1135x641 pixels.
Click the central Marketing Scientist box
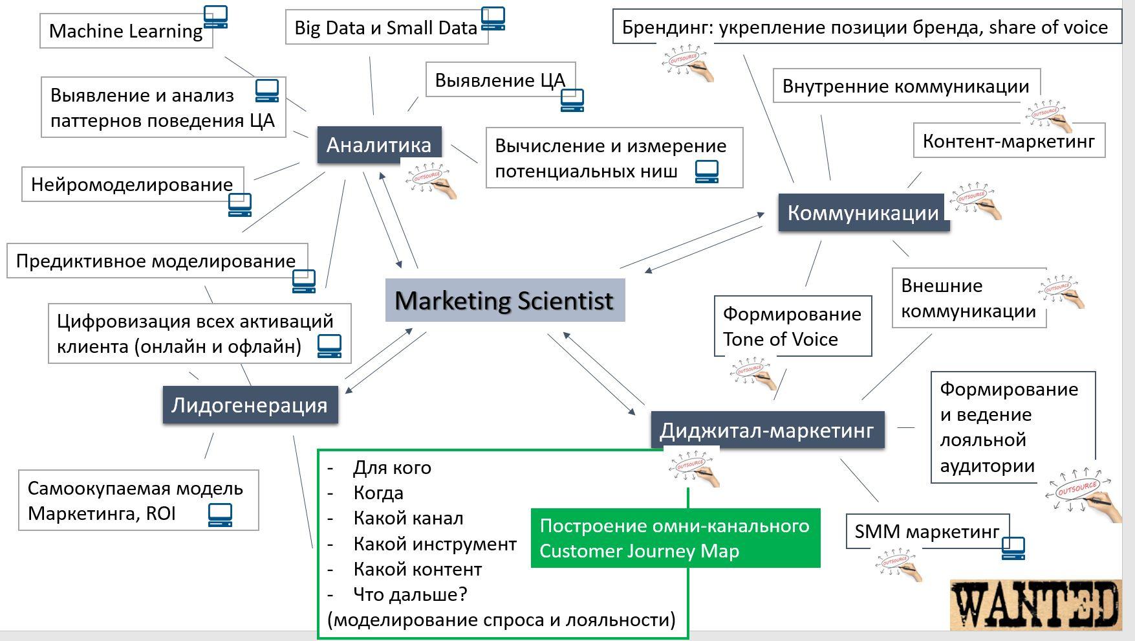(505, 300)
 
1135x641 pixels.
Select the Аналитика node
(379, 144)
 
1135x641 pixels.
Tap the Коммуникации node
(863, 212)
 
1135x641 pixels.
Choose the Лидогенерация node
(250, 405)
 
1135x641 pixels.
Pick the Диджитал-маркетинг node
(767, 429)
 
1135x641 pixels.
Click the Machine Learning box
(126, 30)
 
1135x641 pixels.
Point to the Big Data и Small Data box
(386, 27)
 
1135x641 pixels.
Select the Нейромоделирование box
(133, 184)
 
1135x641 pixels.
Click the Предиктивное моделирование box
(157, 260)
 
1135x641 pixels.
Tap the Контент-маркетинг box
(1009, 141)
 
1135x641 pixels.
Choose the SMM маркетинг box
(927, 531)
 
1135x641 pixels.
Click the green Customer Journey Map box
(675, 538)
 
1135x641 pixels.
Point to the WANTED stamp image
(1036, 605)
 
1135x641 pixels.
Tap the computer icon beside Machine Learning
(216, 17)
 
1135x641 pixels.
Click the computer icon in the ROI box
(220, 515)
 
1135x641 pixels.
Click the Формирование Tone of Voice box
(793, 326)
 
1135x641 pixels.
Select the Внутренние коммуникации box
(906, 85)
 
